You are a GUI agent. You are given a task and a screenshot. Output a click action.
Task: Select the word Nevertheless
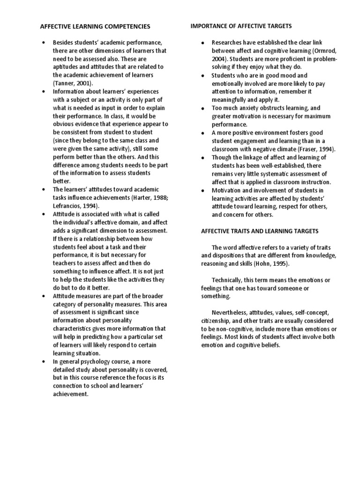click(231, 312)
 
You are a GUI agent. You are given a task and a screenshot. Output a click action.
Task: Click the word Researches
click(228, 43)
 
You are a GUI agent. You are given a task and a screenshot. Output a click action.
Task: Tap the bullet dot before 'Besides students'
click(43, 43)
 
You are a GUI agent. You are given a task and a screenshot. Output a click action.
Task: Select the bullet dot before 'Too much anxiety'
click(202, 108)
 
